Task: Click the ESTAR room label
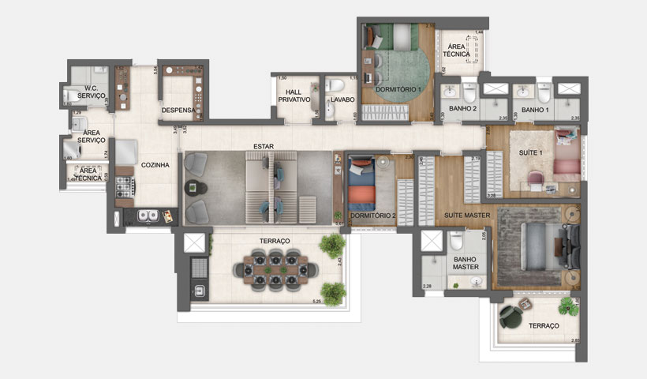click(263, 146)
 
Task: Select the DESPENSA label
click(177, 110)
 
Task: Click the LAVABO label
click(342, 99)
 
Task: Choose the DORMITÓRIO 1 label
click(398, 89)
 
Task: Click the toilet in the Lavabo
click(335, 85)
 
